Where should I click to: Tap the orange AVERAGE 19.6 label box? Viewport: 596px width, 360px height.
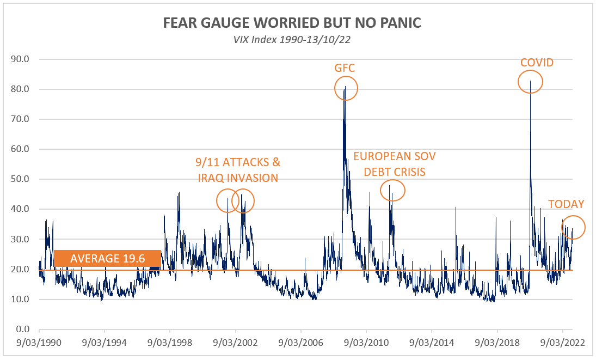click(107, 259)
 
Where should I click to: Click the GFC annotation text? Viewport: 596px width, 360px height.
click(344, 68)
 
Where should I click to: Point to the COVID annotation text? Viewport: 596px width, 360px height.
click(537, 63)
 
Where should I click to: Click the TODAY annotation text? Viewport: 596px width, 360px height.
click(566, 204)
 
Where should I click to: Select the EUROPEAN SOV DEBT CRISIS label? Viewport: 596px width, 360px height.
click(395, 164)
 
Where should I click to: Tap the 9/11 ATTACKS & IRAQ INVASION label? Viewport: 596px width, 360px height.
click(237, 170)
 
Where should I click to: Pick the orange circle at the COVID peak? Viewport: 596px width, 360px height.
click(530, 82)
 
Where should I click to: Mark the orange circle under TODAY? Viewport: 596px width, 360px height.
click(572, 227)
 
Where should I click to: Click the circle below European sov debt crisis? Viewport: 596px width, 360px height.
click(392, 190)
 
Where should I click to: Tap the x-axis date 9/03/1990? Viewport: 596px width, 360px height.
click(39, 344)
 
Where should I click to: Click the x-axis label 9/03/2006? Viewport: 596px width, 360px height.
click(301, 344)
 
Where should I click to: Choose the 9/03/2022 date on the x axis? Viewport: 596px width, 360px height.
click(562, 344)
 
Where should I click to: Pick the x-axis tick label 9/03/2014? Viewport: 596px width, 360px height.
click(432, 344)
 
